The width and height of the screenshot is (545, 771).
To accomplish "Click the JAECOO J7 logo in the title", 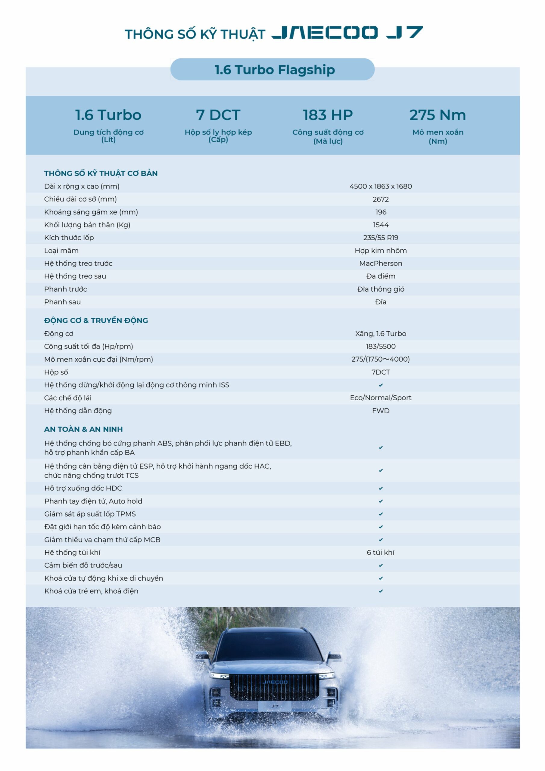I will tap(347, 33).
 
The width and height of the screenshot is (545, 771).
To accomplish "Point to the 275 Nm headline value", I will tap(437, 115).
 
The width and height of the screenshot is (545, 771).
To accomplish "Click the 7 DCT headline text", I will tap(218, 115).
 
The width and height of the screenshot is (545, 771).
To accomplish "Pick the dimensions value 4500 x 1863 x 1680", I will tap(381, 186).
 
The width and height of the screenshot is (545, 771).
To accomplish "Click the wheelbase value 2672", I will tap(381, 199).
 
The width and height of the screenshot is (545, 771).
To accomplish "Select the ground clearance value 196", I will tap(381, 212).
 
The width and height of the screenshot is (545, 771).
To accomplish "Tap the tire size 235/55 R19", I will tap(381, 238).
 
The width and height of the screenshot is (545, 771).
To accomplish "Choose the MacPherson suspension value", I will tap(381, 263).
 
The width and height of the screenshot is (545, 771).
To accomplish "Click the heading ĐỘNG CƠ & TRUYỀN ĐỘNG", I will tap(96, 320).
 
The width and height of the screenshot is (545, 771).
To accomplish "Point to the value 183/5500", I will tap(381, 346).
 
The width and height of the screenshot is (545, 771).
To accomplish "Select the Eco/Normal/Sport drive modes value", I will tap(381, 398).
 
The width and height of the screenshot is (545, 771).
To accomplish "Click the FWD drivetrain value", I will tap(381, 411).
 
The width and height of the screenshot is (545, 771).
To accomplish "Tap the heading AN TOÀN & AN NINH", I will tap(83, 429).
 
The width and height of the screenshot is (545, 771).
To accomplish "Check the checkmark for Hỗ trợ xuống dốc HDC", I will tap(381, 488).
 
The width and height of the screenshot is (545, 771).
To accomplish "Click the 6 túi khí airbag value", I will tap(381, 552).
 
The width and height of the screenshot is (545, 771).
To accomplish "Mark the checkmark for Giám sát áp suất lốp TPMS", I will tap(381, 514).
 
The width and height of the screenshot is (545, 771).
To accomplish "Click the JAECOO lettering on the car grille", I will tap(275, 682).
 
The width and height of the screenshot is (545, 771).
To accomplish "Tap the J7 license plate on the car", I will tap(275, 706).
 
